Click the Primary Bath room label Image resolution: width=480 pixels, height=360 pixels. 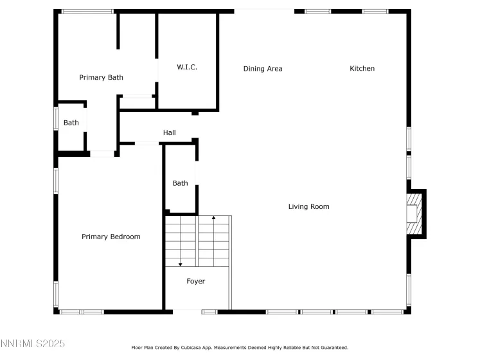[101, 77]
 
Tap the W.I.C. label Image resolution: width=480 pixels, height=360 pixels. [187, 67]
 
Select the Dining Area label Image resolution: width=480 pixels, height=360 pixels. [263, 69]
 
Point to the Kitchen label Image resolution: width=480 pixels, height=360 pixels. [362, 68]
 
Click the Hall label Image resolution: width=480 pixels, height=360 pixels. [169, 132]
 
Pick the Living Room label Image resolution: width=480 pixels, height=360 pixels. [309, 206]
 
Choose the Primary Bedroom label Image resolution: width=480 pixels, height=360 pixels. [111, 237]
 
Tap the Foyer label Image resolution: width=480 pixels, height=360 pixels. [195, 281]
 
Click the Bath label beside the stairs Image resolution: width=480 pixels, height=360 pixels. [181, 183]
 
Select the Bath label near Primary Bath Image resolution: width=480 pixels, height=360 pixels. [71, 123]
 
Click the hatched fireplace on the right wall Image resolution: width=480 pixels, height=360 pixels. [414, 213]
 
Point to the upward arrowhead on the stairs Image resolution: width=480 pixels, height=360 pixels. [214, 217]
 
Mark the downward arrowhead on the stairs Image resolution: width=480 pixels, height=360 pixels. [181, 264]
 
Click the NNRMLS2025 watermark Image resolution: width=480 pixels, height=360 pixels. [32, 343]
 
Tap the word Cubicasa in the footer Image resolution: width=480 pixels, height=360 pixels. [191, 347]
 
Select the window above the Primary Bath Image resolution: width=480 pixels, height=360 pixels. [87, 12]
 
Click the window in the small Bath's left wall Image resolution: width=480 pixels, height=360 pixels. [56, 118]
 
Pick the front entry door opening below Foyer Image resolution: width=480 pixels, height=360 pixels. [187, 312]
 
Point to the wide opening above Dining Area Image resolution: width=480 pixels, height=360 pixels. [264, 12]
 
